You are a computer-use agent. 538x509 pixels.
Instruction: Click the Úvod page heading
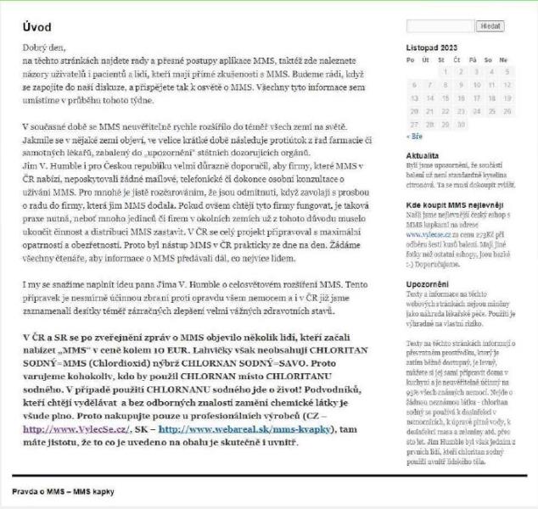point(39,26)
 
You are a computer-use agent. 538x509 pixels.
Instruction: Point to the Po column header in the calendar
point(412,60)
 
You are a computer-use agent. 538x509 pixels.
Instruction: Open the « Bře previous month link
point(414,136)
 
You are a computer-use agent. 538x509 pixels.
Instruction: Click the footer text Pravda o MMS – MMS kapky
point(63,491)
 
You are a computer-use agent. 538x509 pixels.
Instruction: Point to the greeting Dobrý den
point(44,48)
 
